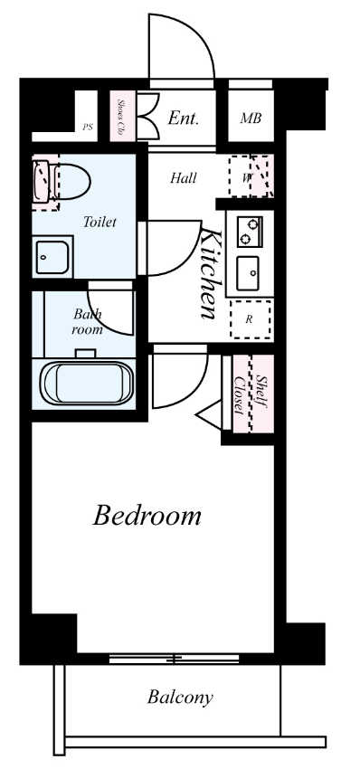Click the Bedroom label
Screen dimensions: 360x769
[x=147, y=517]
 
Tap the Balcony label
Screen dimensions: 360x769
[x=180, y=698]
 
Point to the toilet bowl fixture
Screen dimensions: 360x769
[x=62, y=182]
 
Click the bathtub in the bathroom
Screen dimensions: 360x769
[x=88, y=384]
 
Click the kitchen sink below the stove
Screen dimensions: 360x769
[x=248, y=273]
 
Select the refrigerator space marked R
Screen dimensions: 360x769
[x=251, y=319]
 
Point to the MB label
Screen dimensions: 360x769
[x=251, y=119]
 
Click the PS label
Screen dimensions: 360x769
[x=88, y=127]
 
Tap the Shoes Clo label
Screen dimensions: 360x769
[x=120, y=118]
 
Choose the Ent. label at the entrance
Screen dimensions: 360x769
[x=184, y=118]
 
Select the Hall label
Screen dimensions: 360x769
[x=184, y=178]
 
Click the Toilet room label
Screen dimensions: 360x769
[x=99, y=223]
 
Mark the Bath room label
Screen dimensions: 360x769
[x=88, y=322]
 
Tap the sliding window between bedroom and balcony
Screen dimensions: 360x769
[x=174, y=659]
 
